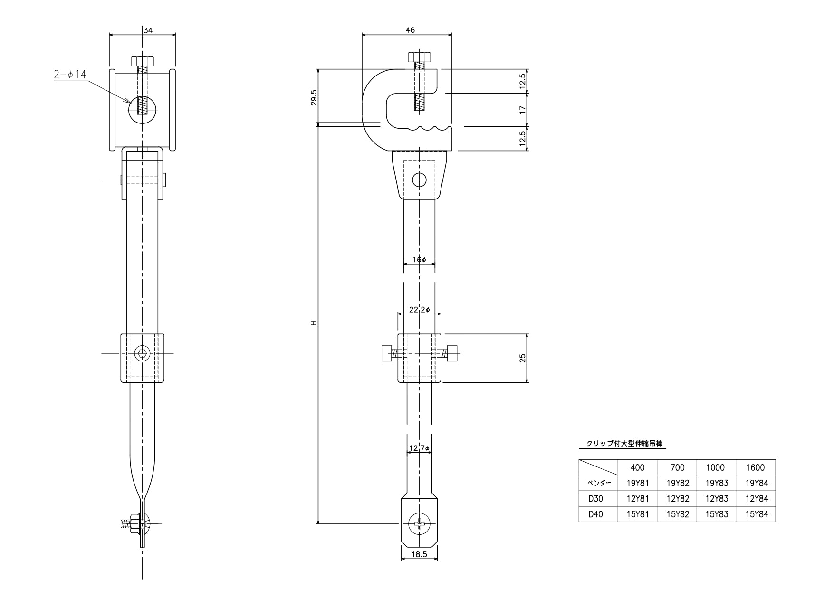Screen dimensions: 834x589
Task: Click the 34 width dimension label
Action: point(148,30)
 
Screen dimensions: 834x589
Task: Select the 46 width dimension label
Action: point(410,30)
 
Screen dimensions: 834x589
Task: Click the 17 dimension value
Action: point(523,109)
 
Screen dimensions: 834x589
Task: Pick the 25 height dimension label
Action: point(522,358)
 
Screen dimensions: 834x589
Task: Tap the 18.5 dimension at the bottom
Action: point(419,554)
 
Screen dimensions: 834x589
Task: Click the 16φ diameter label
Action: point(420,260)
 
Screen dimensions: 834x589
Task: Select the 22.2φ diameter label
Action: point(420,310)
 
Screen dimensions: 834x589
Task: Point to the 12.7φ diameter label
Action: point(419,448)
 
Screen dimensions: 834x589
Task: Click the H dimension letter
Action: point(314,323)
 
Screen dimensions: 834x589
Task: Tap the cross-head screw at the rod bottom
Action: point(420,524)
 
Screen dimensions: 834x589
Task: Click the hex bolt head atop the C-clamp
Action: point(419,57)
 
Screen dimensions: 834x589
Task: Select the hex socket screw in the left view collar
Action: point(142,353)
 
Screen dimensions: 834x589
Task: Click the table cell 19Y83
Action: point(717,483)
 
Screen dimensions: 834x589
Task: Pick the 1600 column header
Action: point(756,467)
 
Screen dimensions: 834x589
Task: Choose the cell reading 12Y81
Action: point(638,499)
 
